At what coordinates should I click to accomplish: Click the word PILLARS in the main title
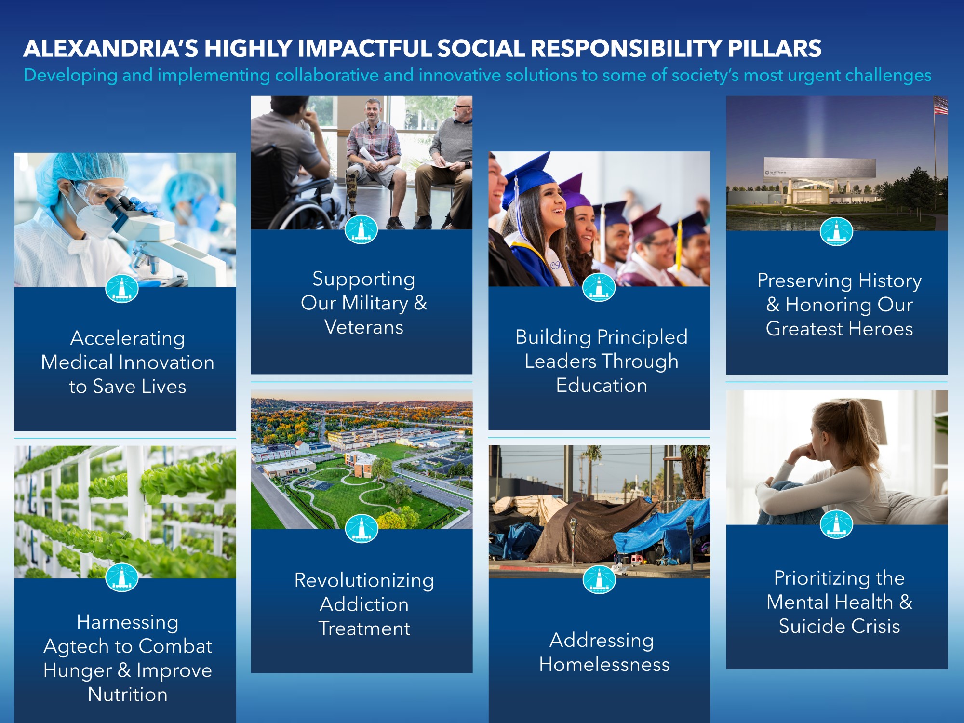(775, 48)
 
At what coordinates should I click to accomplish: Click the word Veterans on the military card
(364, 327)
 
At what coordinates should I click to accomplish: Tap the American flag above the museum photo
(940, 105)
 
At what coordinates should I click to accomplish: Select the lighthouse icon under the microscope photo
(122, 288)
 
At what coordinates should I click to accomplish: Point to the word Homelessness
(604, 665)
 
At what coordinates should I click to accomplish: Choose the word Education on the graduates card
(602, 386)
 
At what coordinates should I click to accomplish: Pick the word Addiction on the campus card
(364, 604)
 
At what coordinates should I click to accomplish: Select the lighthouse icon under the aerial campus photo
(361, 529)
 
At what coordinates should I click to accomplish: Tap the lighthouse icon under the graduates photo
(599, 287)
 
